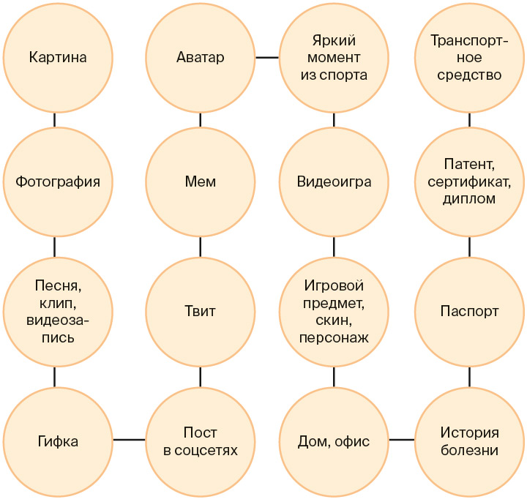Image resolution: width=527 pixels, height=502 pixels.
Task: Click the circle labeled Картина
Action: (57, 57)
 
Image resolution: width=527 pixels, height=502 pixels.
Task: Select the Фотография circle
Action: (57, 181)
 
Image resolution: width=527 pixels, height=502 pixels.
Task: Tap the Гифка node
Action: (57, 441)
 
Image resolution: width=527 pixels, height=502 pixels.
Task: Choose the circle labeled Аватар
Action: (201, 57)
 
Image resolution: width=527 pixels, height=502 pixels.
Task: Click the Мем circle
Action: (201, 181)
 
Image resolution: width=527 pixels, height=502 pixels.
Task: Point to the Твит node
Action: (201, 311)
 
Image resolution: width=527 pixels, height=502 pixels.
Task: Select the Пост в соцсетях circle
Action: (201, 441)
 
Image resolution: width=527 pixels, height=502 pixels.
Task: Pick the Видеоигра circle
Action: (334, 181)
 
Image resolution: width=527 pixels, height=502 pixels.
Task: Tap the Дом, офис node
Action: (334, 441)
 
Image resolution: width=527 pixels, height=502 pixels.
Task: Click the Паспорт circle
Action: (469, 311)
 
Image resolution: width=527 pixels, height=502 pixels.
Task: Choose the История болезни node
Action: (469, 441)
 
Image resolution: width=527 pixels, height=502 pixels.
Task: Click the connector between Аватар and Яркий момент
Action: (267, 57)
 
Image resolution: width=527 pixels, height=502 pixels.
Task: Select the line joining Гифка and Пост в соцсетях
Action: (129, 440)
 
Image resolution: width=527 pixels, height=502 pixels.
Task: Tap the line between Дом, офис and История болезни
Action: (401, 440)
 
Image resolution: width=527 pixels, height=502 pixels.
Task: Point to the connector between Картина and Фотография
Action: (56, 119)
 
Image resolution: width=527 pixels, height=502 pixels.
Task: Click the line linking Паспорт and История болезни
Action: (469, 376)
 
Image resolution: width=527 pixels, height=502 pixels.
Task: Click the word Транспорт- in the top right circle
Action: (469, 42)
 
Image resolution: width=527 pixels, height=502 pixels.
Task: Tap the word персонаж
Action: (334, 337)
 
